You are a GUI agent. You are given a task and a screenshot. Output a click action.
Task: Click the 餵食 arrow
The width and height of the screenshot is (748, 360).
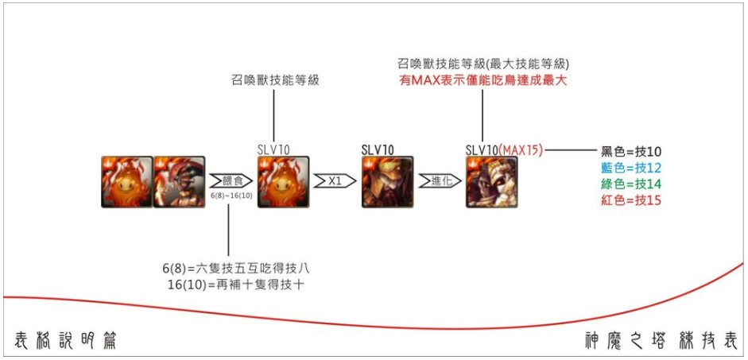(228, 180)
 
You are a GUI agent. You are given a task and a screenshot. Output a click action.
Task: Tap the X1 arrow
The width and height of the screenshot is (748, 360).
(332, 180)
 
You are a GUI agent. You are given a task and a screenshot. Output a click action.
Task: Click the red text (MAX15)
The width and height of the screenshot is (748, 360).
(520, 149)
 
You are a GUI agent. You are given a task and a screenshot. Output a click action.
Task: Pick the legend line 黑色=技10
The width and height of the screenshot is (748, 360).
(631, 152)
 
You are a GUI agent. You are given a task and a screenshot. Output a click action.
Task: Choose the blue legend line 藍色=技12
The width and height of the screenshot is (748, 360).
(631, 168)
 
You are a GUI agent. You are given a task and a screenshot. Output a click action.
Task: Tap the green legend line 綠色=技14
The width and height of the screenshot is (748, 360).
(631, 184)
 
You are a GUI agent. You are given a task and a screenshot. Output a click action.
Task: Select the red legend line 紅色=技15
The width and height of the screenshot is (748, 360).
(631, 200)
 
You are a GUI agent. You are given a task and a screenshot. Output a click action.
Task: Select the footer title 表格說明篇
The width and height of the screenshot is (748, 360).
(67, 340)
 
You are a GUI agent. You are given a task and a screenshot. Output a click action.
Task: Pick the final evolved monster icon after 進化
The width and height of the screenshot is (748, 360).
(491, 182)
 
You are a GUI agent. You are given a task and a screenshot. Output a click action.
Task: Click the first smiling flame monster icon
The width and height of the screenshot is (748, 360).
(126, 182)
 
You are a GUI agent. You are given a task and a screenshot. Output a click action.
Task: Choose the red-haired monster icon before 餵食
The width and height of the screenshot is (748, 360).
(179, 182)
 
